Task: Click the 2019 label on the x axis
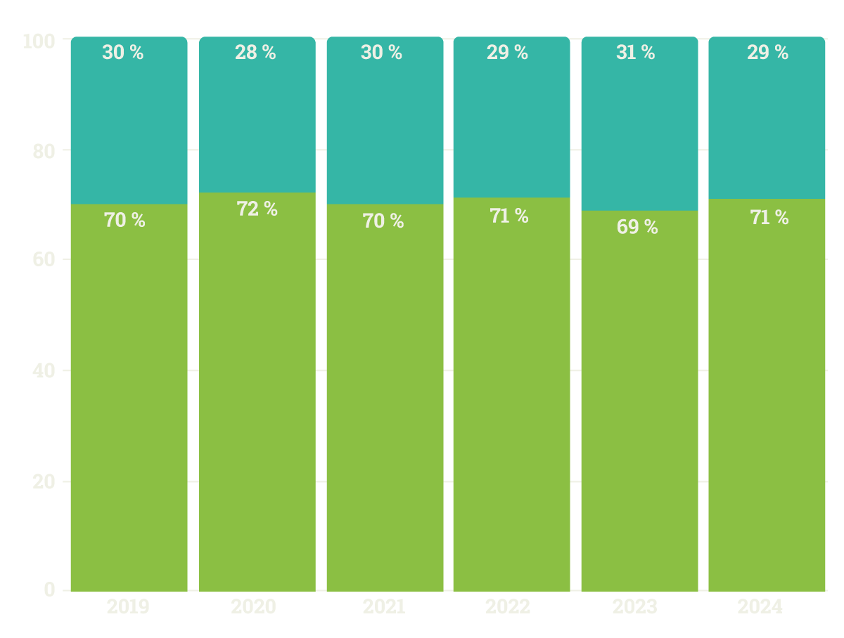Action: (x=128, y=607)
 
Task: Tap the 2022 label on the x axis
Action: (x=508, y=607)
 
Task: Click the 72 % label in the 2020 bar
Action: (x=257, y=209)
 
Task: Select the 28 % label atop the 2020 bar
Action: (x=255, y=53)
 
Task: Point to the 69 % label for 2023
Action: (x=637, y=227)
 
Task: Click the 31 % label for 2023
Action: (x=635, y=53)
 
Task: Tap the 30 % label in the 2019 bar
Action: (x=122, y=53)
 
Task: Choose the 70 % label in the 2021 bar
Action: (x=383, y=221)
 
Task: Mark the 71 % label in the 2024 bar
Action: (x=769, y=218)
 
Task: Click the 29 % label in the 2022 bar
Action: (x=507, y=53)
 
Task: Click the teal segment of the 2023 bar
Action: (x=639, y=134)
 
